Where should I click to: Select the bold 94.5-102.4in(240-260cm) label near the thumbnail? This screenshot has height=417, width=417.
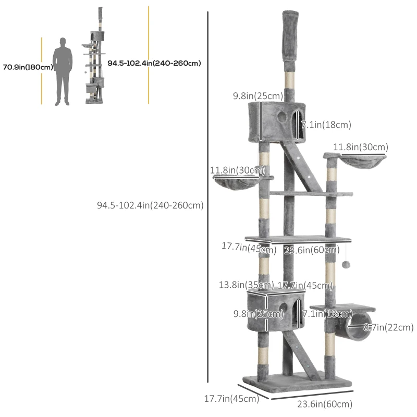tap(154, 63)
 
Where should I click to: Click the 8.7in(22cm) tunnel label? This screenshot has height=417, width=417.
tap(388, 327)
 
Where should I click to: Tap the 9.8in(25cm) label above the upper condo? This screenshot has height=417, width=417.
tap(257, 96)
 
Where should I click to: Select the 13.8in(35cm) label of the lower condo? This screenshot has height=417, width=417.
tap(246, 285)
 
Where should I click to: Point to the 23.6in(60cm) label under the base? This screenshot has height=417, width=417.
tap(325, 403)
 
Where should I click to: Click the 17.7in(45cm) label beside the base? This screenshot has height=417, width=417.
tap(231, 399)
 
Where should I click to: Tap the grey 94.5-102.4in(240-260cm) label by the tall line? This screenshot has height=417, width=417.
tap(150, 205)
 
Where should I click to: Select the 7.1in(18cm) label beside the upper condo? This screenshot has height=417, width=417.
tap(326, 125)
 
